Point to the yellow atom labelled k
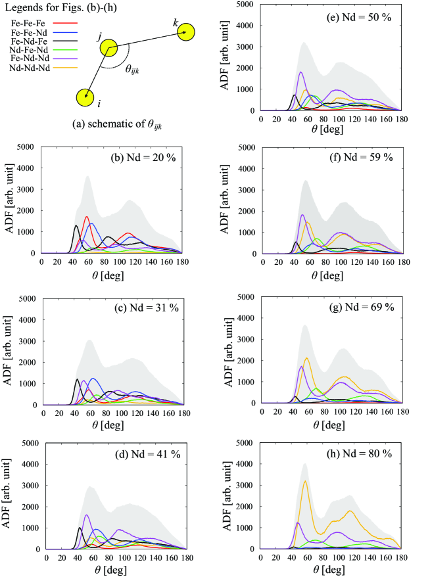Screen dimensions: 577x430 click(x=185, y=31)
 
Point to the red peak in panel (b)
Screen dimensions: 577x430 click(x=87, y=217)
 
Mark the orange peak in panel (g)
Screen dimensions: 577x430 click(x=307, y=358)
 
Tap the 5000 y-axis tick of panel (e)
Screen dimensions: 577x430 click(x=249, y=5)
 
